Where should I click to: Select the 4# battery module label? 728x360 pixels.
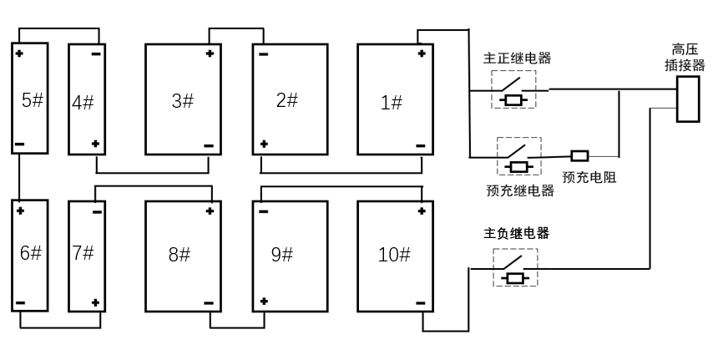point(83,103)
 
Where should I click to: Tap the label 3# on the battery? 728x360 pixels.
point(182,101)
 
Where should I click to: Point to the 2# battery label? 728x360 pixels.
point(287,100)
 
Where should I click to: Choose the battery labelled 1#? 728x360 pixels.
point(391,103)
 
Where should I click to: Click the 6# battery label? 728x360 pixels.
point(31,253)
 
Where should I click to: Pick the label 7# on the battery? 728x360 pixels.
point(83,252)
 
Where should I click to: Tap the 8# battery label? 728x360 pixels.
point(180,255)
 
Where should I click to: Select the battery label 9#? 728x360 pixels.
point(282,255)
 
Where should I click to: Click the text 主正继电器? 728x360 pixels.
point(518,58)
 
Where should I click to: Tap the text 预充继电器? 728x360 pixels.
point(520,190)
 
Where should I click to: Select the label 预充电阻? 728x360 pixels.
point(589,177)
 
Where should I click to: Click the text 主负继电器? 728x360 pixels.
point(517,233)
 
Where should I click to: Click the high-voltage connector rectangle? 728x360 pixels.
point(687,99)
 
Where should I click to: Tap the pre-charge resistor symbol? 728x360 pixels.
point(579,155)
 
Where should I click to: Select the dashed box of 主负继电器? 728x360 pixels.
point(515,268)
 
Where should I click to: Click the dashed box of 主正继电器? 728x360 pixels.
point(513,89)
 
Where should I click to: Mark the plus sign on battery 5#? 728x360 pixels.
point(19,53)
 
